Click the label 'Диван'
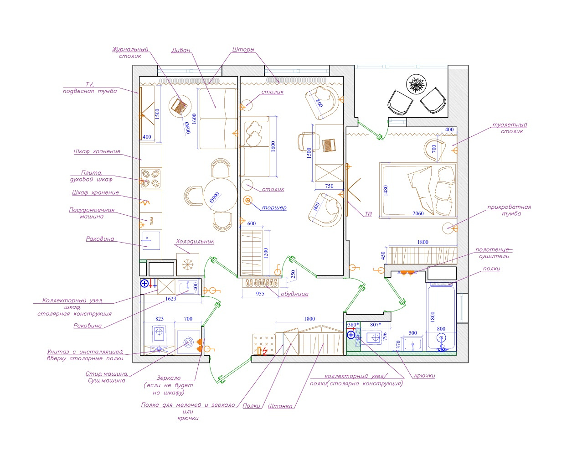(181, 50)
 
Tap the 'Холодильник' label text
(195, 241)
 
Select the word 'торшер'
(274, 207)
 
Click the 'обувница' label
(294, 294)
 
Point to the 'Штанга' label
(280, 406)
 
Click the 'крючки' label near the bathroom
(424, 376)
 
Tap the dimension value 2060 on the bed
(418, 213)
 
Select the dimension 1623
(170, 299)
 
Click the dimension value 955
(260, 294)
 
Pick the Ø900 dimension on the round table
(215, 197)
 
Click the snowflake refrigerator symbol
(188, 264)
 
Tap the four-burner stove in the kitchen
(151, 179)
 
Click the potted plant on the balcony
(416, 84)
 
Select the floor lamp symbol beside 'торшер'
(247, 201)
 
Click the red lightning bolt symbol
(265, 352)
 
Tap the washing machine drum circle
(188, 343)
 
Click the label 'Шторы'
(243, 49)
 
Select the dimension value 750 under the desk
(329, 186)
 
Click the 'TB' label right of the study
(368, 214)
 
